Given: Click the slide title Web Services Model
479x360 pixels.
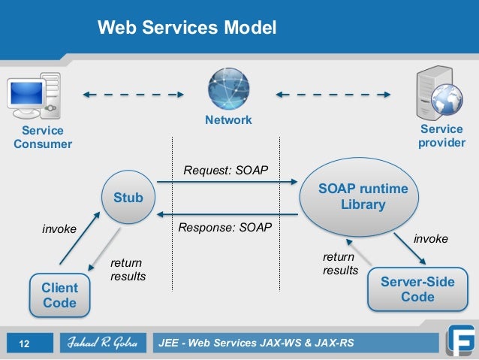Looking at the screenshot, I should pyautogui.click(x=187, y=29).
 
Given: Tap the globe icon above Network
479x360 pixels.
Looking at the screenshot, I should pyautogui.click(x=228, y=90).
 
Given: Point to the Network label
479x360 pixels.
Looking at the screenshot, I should pyautogui.click(x=228, y=120).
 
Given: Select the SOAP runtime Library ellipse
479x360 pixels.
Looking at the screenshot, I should pyautogui.click(x=363, y=198).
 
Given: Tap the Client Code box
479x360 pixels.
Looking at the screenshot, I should pyautogui.click(x=59, y=295).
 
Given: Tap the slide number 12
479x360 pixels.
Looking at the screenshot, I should pyautogui.click(x=24, y=344).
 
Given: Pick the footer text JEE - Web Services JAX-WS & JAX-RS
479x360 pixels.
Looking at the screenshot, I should pyautogui.click(x=256, y=344).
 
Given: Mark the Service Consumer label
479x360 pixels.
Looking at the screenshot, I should pyautogui.click(x=42, y=138).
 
